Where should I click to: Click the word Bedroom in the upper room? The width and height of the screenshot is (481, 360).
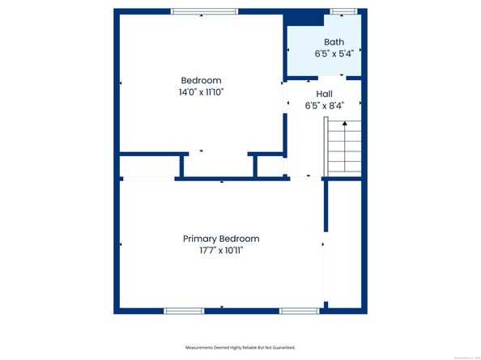201,80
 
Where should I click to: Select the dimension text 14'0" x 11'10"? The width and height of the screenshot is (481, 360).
201,92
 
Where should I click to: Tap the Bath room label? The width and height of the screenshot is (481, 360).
334,42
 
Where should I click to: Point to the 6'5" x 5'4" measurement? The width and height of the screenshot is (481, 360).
334,54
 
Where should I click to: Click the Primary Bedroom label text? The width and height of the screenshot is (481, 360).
221,239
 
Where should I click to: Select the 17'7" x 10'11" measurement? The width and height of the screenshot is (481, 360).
221,251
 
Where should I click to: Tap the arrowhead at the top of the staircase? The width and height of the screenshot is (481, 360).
345,123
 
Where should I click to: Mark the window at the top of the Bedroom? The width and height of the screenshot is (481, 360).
204,11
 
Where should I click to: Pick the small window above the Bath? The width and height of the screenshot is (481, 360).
343,11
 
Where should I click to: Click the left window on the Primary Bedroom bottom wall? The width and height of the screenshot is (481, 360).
184,311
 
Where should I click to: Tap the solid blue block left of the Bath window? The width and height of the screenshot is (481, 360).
308,17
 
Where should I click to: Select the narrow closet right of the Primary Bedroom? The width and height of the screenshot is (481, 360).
343,243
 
